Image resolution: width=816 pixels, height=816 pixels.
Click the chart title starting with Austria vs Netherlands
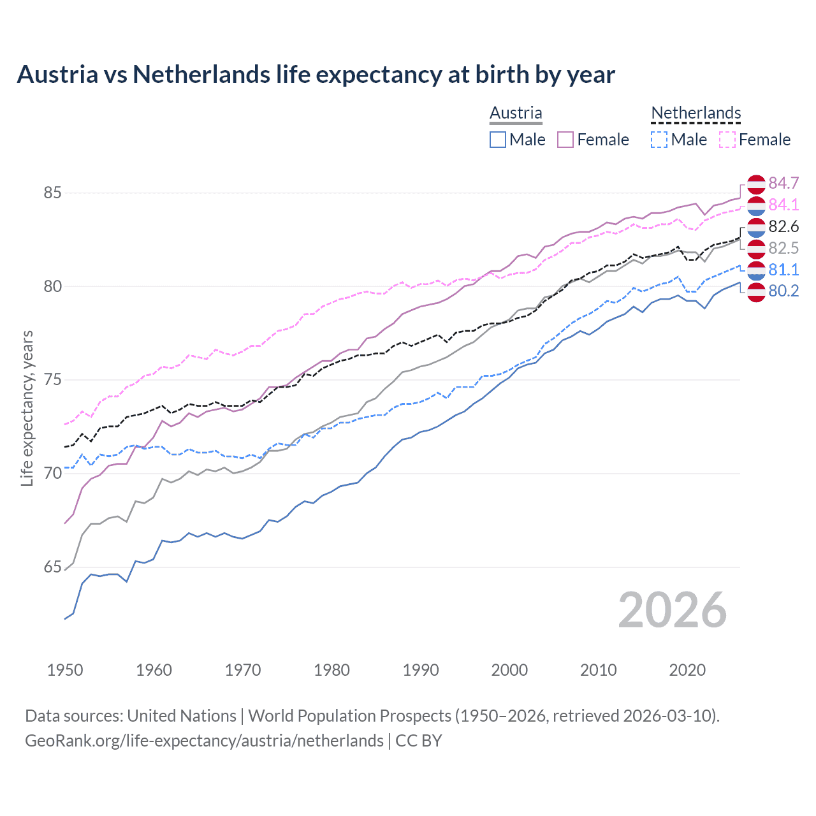click(x=316, y=75)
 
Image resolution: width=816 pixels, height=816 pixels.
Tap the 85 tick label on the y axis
click(x=53, y=193)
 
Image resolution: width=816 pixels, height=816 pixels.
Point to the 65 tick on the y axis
click(x=53, y=567)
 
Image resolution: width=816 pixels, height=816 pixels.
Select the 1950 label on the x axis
click(x=65, y=670)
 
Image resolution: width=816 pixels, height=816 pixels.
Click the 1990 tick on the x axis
click(x=421, y=670)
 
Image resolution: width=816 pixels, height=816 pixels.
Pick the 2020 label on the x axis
click(x=687, y=670)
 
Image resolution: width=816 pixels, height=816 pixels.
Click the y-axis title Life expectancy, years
click(x=27, y=408)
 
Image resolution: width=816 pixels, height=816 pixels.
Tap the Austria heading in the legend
click(x=516, y=113)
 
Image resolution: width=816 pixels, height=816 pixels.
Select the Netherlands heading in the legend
click(x=696, y=113)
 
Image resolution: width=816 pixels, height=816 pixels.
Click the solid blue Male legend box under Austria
click(x=498, y=140)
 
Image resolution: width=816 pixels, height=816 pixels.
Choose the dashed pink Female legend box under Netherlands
click(x=727, y=140)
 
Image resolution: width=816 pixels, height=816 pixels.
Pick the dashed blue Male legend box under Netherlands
click(x=659, y=140)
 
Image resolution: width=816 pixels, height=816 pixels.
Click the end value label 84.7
click(x=783, y=183)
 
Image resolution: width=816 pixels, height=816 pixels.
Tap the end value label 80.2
click(x=783, y=291)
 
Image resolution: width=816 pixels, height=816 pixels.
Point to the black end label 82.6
click(x=783, y=226)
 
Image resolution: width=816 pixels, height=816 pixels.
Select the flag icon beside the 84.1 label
click(x=756, y=205)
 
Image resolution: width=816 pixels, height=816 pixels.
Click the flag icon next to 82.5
click(x=756, y=248)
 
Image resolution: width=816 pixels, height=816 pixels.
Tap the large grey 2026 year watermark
click(x=672, y=610)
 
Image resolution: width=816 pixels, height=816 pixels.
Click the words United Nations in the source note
click(x=182, y=715)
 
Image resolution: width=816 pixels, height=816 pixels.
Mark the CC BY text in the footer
click(x=419, y=740)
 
